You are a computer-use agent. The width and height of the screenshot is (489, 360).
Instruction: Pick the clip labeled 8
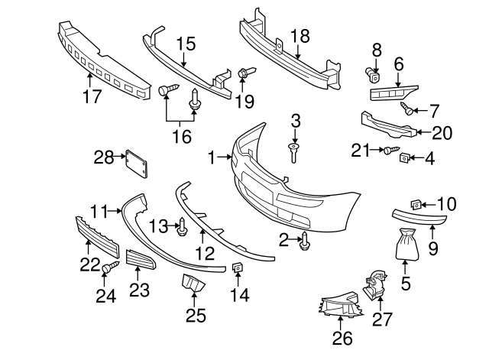tap(373, 74)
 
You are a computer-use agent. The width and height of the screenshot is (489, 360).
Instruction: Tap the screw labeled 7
tap(410, 109)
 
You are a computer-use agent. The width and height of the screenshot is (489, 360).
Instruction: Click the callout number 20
tap(442, 132)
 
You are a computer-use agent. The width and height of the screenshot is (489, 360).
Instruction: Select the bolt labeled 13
tap(183, 226)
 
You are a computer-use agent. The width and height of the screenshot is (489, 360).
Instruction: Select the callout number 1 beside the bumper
tap(212, 158)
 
